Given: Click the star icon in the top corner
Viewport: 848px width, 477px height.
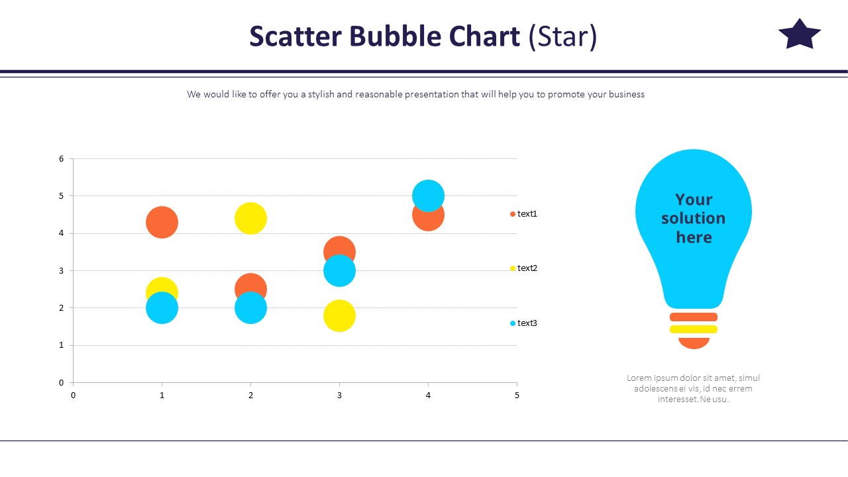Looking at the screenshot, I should pos(799,35).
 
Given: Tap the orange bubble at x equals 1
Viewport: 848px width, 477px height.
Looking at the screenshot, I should pos(162,222).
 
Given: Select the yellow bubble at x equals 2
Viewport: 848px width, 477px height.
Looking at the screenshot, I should pos(250,218).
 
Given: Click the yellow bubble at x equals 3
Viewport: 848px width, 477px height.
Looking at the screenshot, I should pos(339,316).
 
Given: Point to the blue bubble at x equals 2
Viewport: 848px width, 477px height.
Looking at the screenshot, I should pos(250,309).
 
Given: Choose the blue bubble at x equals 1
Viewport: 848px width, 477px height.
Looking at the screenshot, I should pos(162,309).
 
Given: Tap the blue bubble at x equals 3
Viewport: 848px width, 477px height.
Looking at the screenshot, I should pos(339,271).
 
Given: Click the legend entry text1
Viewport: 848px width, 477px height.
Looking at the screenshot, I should pos(526,214).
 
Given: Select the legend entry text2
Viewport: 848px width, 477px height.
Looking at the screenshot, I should pos(526,268).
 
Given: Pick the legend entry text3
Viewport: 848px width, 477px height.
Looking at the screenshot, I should pos(526,323).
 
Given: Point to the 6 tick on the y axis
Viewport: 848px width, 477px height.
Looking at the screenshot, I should pos(61,159).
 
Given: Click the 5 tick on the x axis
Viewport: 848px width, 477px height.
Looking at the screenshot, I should pos(517,396).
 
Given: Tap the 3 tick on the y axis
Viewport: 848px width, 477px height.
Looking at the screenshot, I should pos(61,271).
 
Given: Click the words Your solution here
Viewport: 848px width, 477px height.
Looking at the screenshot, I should pos(693,219).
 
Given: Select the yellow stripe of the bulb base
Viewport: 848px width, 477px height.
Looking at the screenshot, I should pos(693,329).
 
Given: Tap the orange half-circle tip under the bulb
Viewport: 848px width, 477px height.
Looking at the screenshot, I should pos(694,343).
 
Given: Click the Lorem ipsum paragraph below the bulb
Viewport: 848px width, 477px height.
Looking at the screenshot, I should pos(693,388).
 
